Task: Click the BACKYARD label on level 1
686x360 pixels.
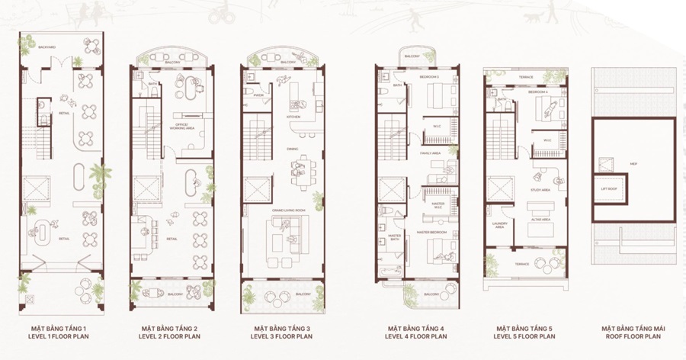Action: point(46,47)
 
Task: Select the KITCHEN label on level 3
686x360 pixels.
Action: point(293,117)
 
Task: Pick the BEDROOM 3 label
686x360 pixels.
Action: point(430,77)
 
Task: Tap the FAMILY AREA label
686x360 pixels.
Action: point(431,153)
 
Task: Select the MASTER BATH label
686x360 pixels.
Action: point(395,237)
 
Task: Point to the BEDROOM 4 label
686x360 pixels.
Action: point(538,92)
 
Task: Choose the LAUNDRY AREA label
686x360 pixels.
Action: point(500,224)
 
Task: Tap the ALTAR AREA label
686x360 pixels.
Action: point(541,219)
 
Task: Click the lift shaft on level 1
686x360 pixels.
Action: point(37,187)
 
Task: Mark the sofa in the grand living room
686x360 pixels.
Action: point(284,232)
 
